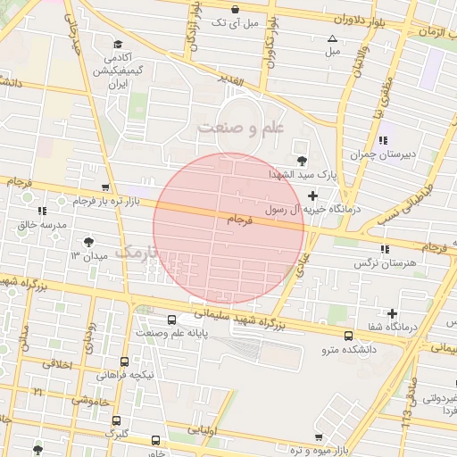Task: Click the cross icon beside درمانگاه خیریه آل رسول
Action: pyautogui.click(x=312, y=195)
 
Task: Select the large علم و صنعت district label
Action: pyautogui.click(x=240, y=128)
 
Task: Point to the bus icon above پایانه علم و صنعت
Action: pyautogui.click(x=171, y=320)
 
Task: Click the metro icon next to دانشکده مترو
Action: pyautogui.click(x=349, y=336)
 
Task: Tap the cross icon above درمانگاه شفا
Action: pyautogui.click(x=392, y=312)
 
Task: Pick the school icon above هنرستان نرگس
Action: pyautogui.click(x=385, y=249)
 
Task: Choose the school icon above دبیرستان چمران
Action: pyautogui.click(x=383, y=140)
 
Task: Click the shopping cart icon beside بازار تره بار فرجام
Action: pyautogui.click(x=106, y=187)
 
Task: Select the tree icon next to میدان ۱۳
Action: pyautogui.click(x=88, y=242)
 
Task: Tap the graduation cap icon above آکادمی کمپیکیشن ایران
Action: pyautogui.click(x=117, y=43)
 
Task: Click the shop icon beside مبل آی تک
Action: pyautogui.click(x=234, y=10)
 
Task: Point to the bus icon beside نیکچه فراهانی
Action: pyautogui.click(x=124, y=361)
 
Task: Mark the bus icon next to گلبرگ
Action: pyautogui.click(x=116, y=420)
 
